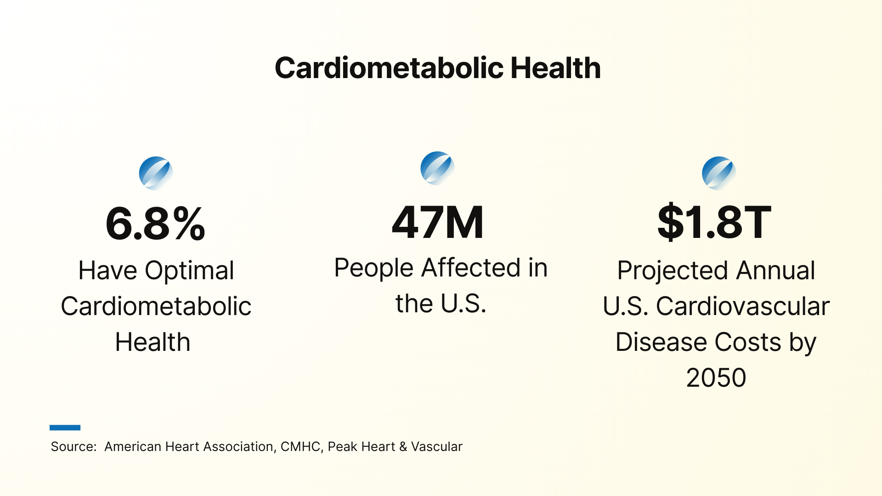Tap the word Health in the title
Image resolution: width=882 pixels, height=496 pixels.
click(x=555, y=68)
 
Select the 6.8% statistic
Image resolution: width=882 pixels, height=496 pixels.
click(x=155, y=224)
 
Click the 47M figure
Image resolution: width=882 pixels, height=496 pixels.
click(x=438, y=223)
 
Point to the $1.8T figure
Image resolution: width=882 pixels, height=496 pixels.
click(x=714, y=223)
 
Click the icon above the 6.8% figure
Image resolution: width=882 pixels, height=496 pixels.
click(x=156, y=173)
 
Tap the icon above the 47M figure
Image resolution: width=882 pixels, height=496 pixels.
click(x=437, y=168)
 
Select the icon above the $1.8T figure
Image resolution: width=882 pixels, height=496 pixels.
click(x=719, y=173)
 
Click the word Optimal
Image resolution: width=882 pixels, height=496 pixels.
click(x=189, y=271)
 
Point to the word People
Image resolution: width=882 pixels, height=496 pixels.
click(x=373, y=268)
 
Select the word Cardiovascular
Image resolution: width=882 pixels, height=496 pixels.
click(x=742, y=306)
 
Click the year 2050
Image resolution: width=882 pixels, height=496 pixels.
click(x=716, y=378)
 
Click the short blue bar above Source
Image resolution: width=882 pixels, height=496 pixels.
click(x=65, y=428)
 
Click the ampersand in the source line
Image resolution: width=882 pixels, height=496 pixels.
click(x=403, y=447)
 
